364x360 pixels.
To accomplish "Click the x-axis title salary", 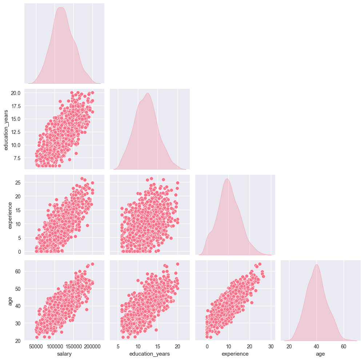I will pos(64,353).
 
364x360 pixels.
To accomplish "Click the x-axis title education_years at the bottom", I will pos(149,353).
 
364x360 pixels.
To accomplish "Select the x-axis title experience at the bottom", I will pos(235,353).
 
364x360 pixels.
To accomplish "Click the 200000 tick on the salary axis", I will pos(92,346).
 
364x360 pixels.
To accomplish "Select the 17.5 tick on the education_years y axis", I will pos(16,106).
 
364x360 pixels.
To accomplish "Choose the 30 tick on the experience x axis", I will pos(271,346).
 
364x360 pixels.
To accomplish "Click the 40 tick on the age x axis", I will pos(316,346).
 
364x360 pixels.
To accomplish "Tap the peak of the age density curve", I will pos(316,264).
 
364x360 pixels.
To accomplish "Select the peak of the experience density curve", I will pos(227,179).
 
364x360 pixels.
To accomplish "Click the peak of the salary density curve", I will pos(60,7).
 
